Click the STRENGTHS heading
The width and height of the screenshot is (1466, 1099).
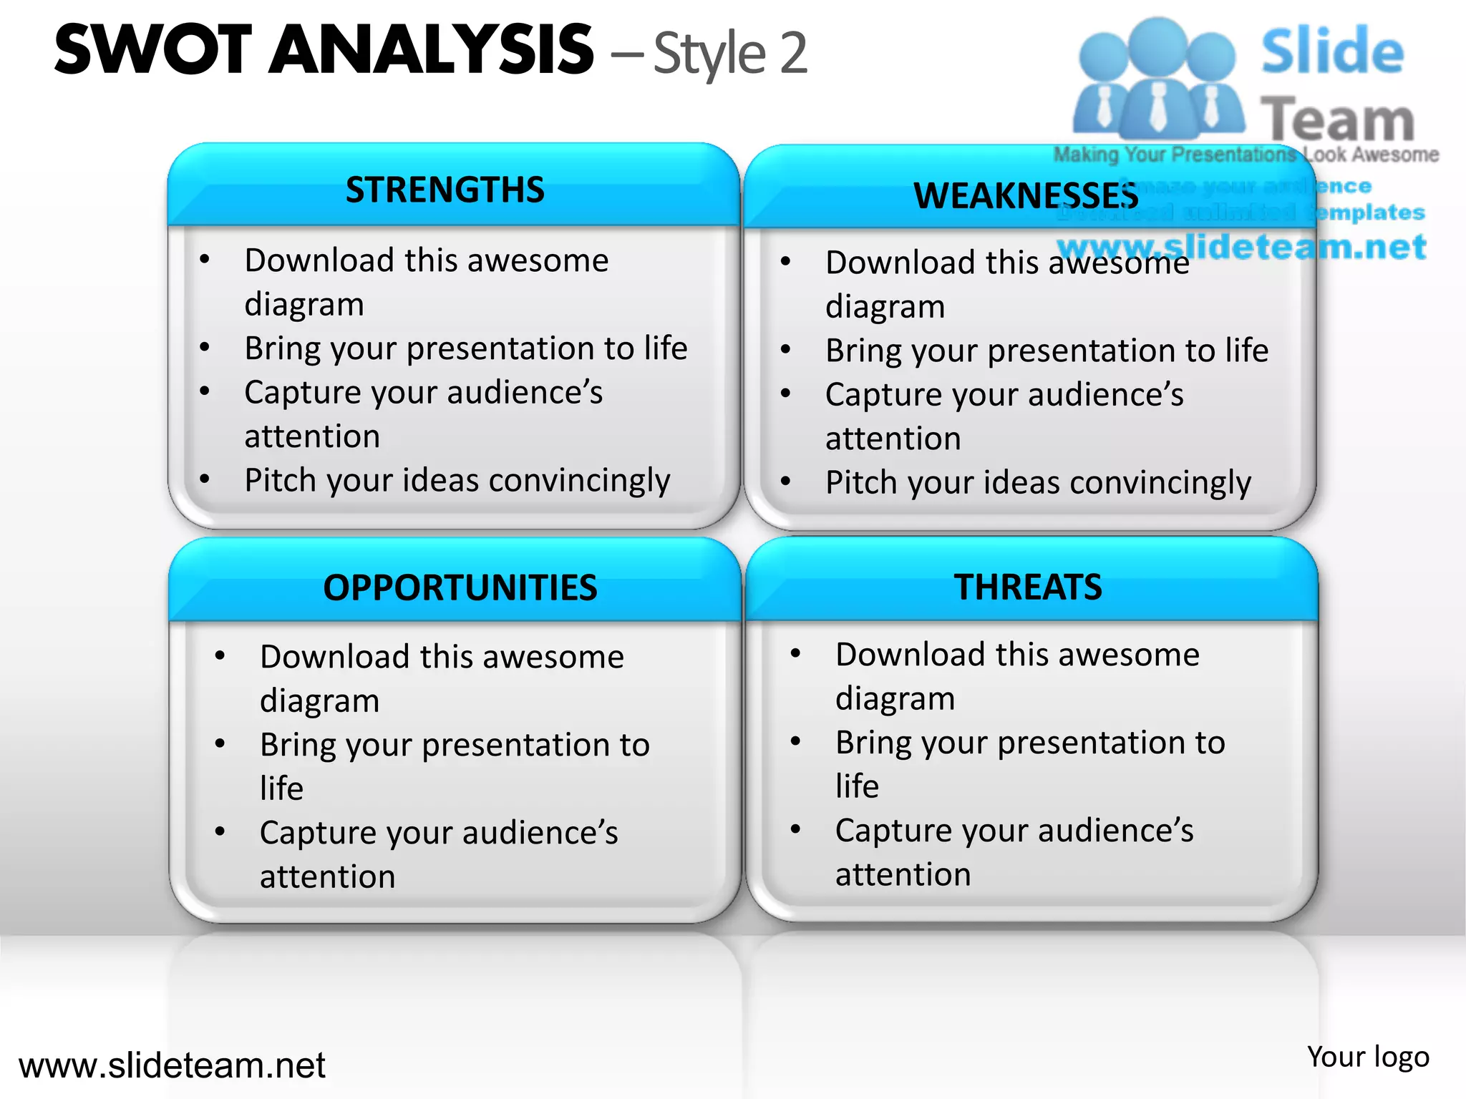coord(445,190)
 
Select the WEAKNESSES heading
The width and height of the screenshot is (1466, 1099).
coord(1025,196)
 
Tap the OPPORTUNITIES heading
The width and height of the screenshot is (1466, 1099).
coord(460,588)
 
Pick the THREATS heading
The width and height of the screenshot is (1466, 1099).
coord(1028,587)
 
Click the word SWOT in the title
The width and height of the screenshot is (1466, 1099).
coord(153,50)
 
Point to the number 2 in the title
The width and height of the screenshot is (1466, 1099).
coord(793,53)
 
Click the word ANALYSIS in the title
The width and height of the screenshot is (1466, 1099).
coord(431,50)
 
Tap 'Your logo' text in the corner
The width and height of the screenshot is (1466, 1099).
coord(1367,1057)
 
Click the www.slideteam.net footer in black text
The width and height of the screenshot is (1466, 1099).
coord(172,1065)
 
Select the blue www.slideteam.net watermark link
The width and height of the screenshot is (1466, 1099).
coord(1242,247)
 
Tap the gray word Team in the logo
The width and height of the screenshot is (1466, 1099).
coord(1336,119)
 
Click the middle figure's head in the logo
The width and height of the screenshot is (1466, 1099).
coord(1157,44)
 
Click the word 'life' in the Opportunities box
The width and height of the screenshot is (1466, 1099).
coord(281,788)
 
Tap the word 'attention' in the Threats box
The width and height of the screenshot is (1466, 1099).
coord(903,875)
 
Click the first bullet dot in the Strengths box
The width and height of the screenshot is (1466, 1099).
coord(205,259)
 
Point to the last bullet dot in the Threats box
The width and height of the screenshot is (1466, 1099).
coord(795,829)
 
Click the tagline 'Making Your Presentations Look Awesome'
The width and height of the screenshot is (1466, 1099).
coord(1246,155)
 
